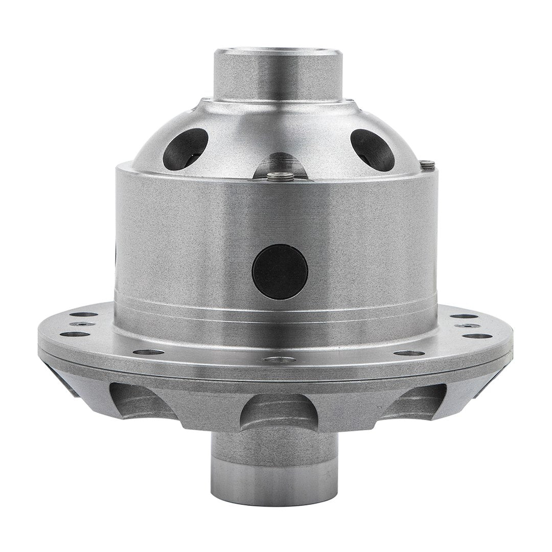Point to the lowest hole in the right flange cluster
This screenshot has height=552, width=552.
478,336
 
